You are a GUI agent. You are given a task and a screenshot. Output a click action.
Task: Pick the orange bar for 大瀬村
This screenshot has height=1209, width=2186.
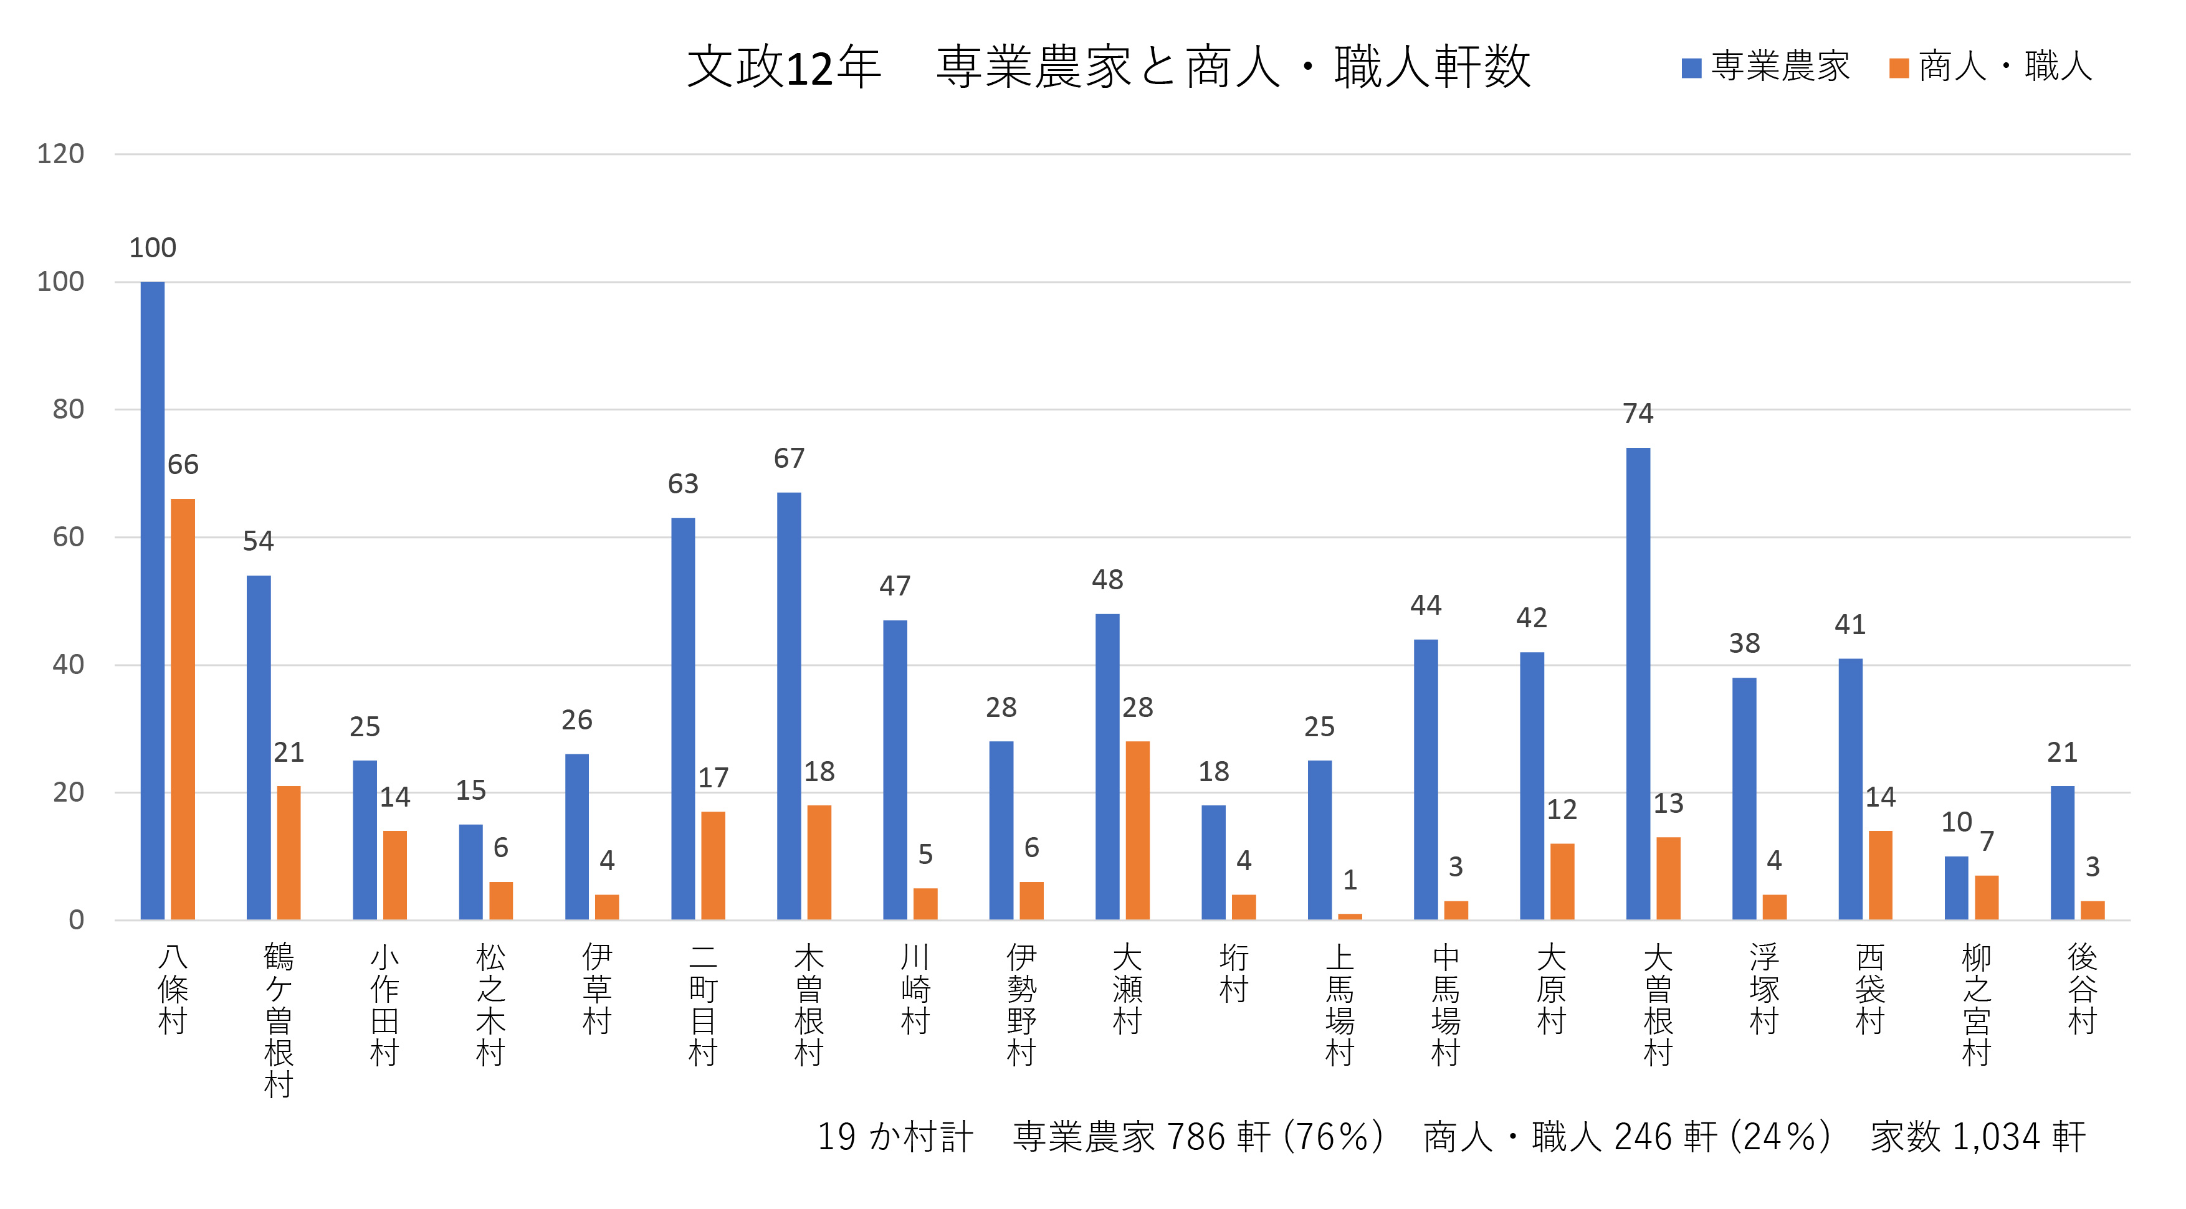pos(1137,831)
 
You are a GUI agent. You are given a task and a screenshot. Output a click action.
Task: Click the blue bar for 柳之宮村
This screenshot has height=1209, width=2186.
pos(1956,888)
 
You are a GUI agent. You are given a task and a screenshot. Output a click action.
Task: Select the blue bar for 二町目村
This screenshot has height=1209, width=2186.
pos(683,719)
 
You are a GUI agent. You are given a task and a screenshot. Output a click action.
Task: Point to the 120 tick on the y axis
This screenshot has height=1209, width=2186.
pos(60,154)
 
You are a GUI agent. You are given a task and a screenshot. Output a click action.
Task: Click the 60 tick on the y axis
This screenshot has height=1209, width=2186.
pos(68,537)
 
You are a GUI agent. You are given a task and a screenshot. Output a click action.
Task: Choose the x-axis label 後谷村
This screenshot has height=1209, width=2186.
pos(2083,989)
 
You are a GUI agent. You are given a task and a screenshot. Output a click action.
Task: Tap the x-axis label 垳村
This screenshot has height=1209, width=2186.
pos(1234,973)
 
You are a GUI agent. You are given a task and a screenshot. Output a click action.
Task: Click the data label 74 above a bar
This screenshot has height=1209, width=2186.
pos(1638,413)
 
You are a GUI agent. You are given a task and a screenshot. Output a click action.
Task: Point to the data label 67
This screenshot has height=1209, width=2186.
pos(789,459)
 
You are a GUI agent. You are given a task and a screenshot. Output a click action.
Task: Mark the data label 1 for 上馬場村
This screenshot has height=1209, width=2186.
pos(1350,880)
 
